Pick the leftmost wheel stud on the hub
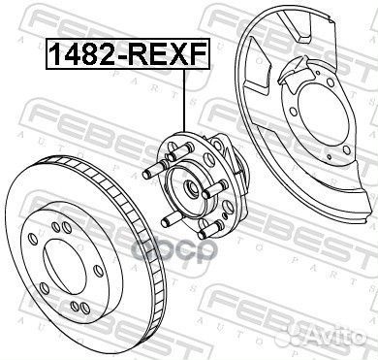[147, 175]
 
